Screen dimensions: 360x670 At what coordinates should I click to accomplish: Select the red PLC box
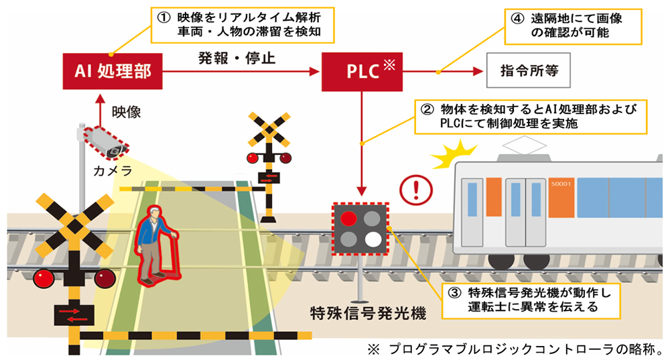362,70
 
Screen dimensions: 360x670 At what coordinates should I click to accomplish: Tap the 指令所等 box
529,70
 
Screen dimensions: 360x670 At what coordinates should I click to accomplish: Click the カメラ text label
113,172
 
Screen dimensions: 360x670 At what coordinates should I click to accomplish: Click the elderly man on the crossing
155,245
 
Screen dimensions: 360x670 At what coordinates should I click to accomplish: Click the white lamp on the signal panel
373,239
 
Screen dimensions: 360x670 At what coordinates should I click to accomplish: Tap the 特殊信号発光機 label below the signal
368,313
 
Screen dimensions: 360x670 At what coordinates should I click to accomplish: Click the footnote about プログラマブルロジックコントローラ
516,349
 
